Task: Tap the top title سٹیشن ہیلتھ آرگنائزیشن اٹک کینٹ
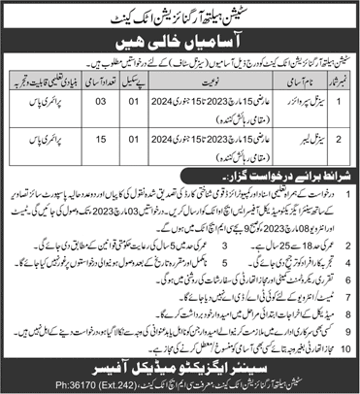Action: coord(180,11)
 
